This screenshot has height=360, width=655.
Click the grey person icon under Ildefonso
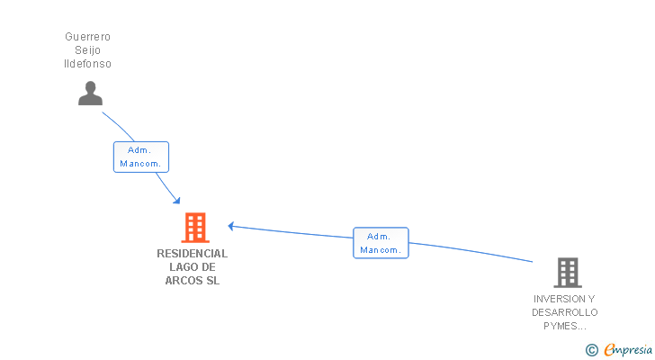pos(90,94)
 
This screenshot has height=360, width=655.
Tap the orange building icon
pos(195,228)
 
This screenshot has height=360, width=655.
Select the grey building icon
pos(567,272)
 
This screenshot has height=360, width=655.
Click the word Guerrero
pos(87,37)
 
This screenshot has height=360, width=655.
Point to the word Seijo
pos(87,50)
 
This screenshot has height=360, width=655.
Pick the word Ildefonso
pos(87,64)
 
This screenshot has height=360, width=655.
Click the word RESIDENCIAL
pos(192,254)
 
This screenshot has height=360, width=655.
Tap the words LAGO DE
pos(192,267)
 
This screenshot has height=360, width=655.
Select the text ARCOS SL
pos(192,281)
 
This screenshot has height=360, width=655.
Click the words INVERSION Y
pos(564,299)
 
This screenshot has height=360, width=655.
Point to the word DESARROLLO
pos(564,312)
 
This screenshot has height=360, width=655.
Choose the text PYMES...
pos(564,326)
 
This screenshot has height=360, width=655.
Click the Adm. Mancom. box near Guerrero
pos(141,157)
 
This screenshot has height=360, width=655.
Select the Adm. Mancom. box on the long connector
pos(381,243)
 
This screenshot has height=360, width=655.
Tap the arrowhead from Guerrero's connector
pos(177,200)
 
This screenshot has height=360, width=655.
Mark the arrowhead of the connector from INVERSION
pos(231,225)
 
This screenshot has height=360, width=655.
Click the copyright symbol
pos(591,349)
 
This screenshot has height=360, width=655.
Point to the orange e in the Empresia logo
pos(609,350)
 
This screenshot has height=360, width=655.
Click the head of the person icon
pos(90,87)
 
